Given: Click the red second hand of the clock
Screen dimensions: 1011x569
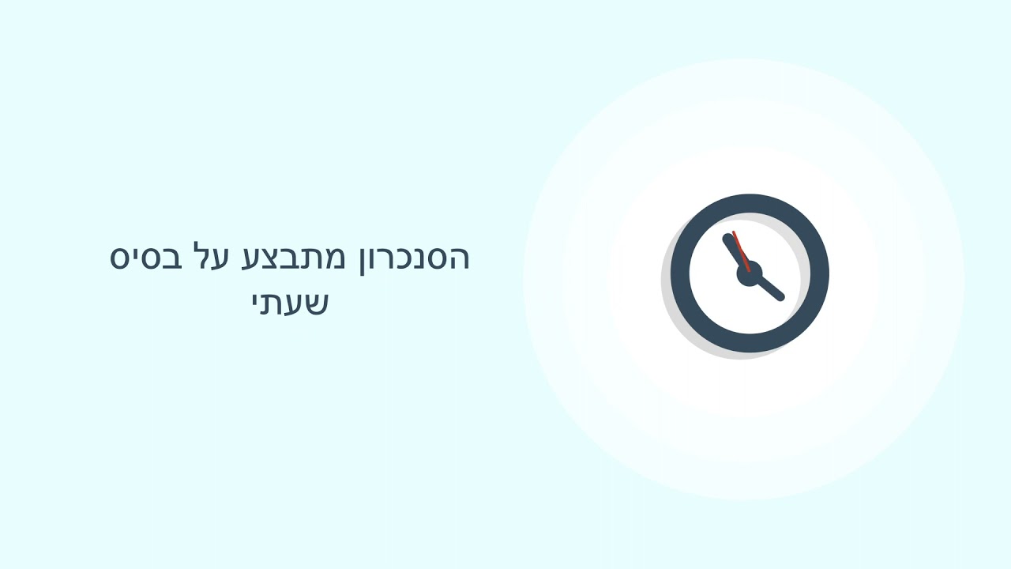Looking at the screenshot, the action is click(742, 251).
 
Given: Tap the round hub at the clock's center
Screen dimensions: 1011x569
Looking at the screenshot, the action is click(750, 273).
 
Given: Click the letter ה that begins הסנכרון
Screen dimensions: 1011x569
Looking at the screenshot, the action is click(459, 258).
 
